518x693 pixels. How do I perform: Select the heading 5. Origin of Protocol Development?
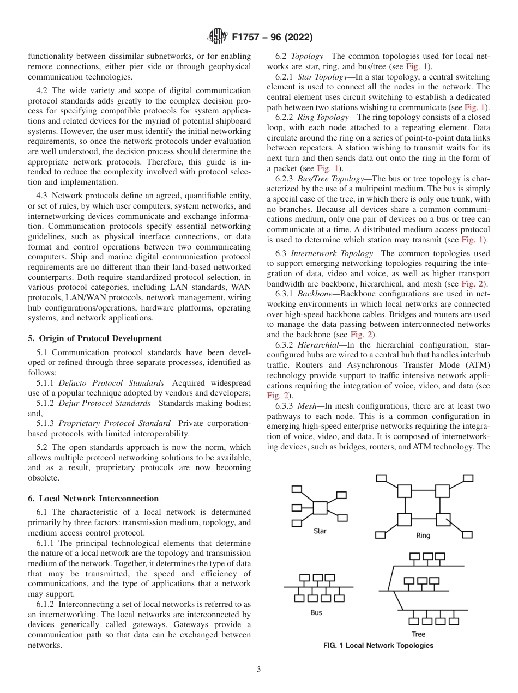pyautogui.click(x=94, y=338)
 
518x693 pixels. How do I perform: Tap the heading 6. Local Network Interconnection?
pyautogui.click(x=93, y=499)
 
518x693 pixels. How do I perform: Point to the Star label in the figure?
pyautogui.click(x=320, y=531)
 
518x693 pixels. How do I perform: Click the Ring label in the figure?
pyautogui.click(x=423, y=536)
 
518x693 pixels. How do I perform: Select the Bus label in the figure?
pyautogui.click(x=316, y=612)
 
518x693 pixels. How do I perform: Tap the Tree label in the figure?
pyautogui.click(x=419, y=634)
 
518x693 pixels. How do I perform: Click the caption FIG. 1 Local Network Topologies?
pyautogui.click(x=378, y=646)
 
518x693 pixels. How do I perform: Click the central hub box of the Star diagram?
pyautogui.click(x=320, y=507)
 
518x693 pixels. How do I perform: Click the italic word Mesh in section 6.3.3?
pyautogui.click(x=306, y=406)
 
